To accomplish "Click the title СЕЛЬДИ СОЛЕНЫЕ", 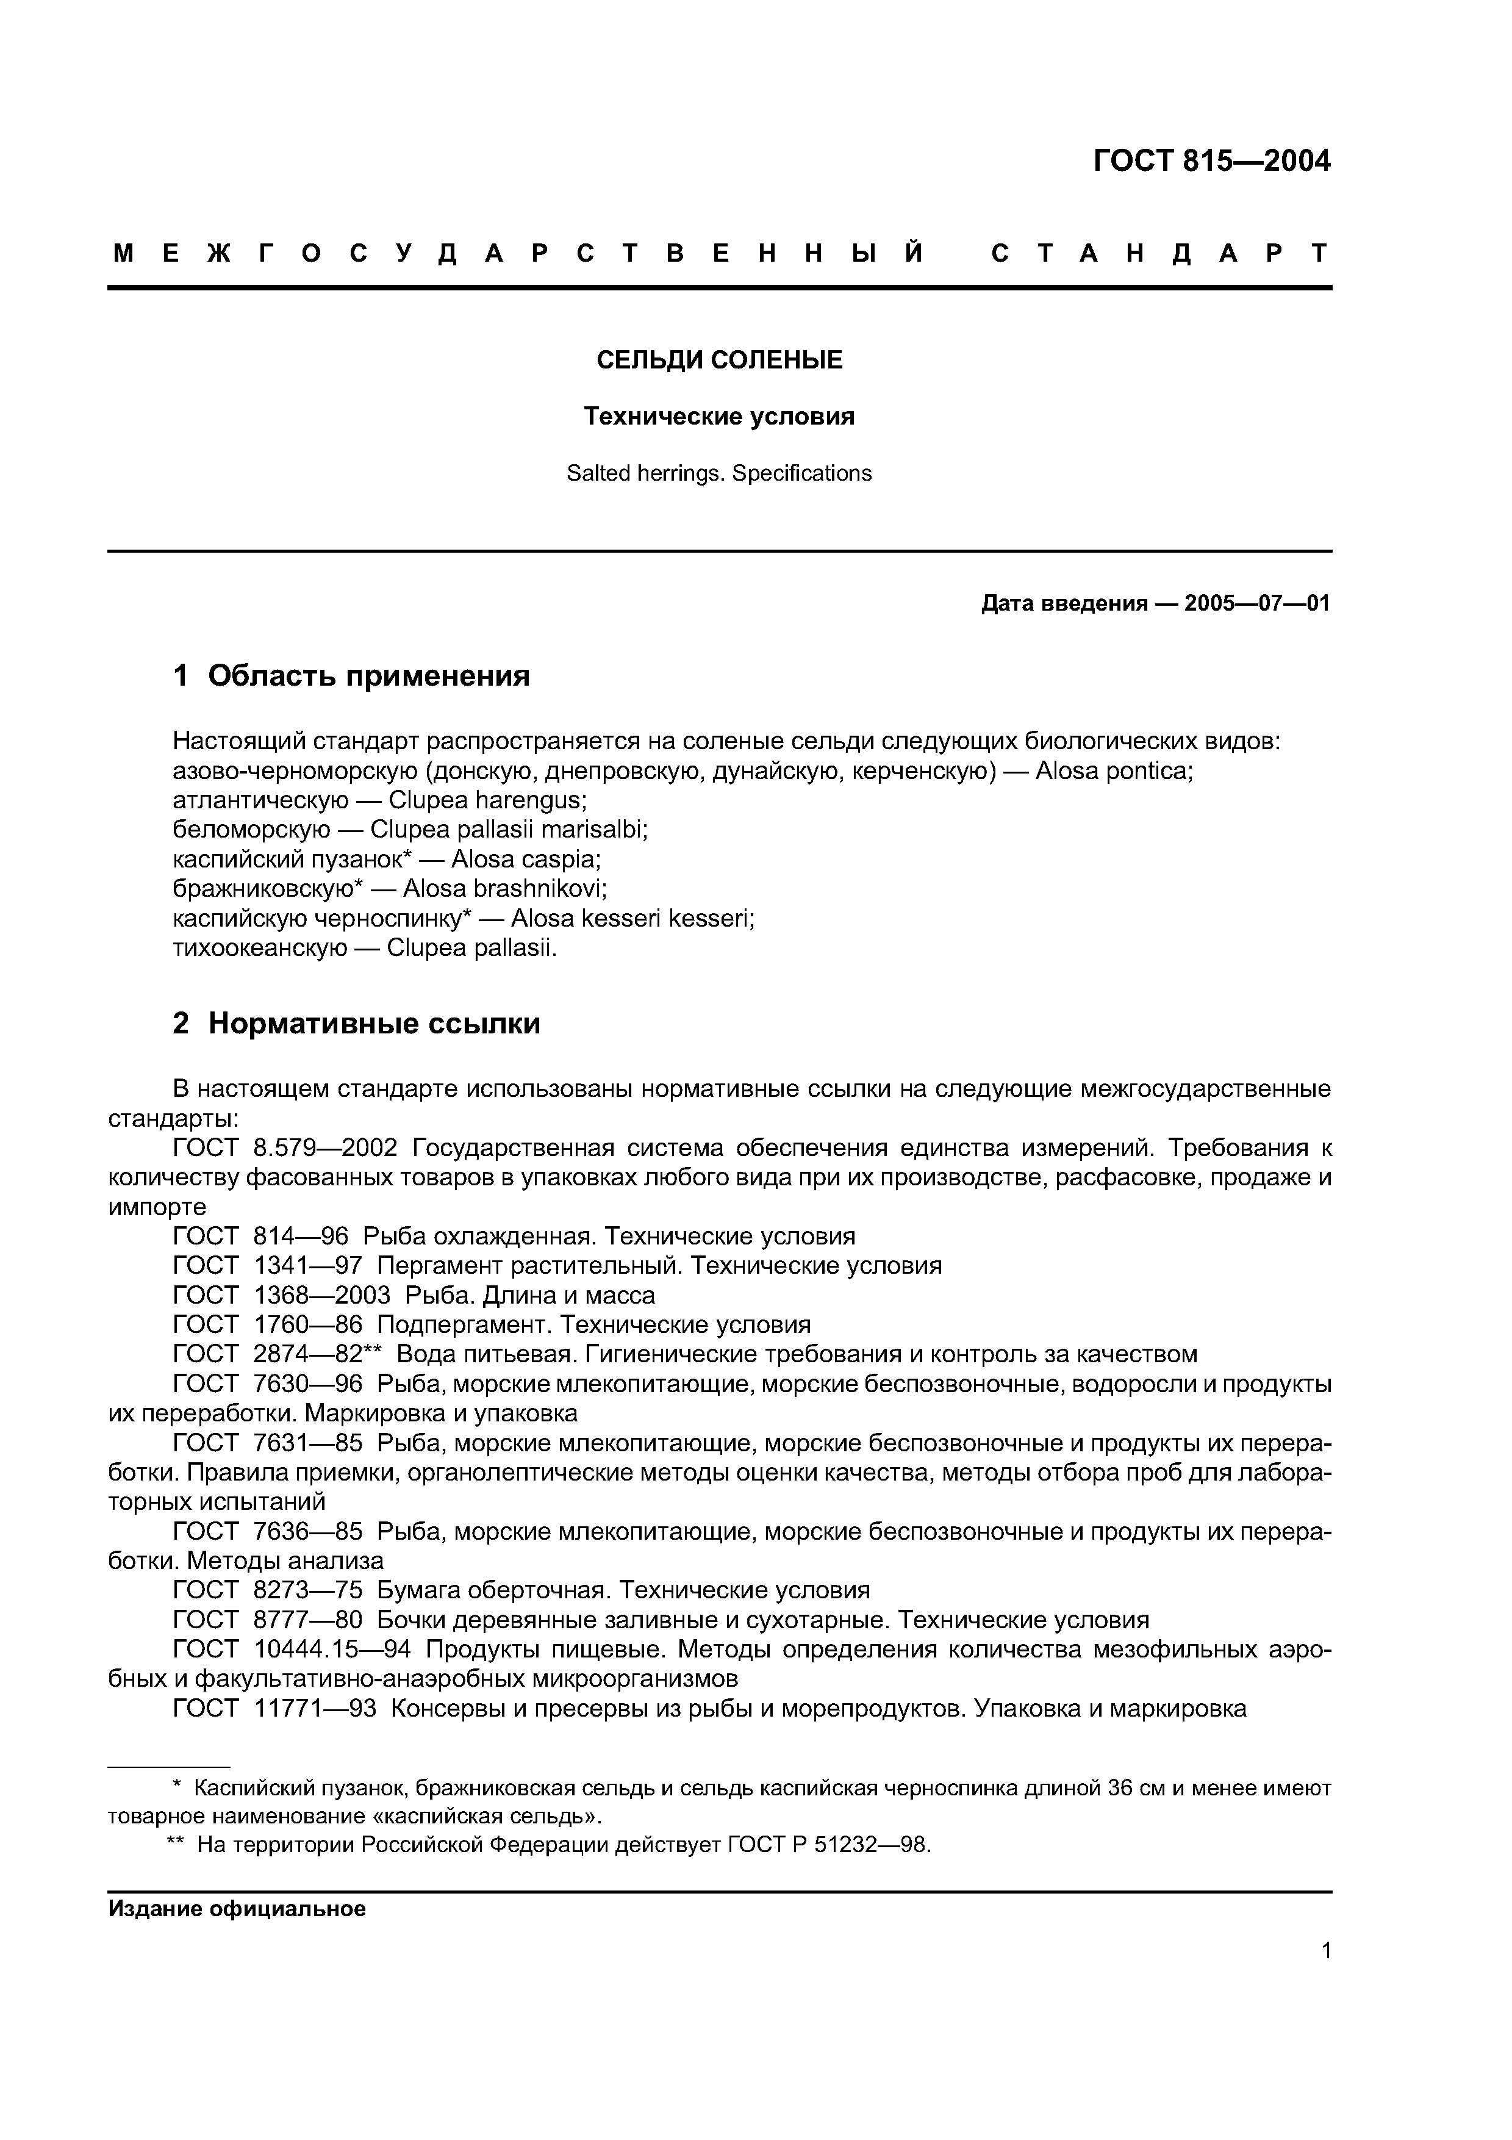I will point(719,360).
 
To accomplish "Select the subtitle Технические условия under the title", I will point(719,417).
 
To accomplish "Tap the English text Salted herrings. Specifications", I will point(719,473).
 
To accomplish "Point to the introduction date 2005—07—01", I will point(1256,604).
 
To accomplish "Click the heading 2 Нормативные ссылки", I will point(357,1024).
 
